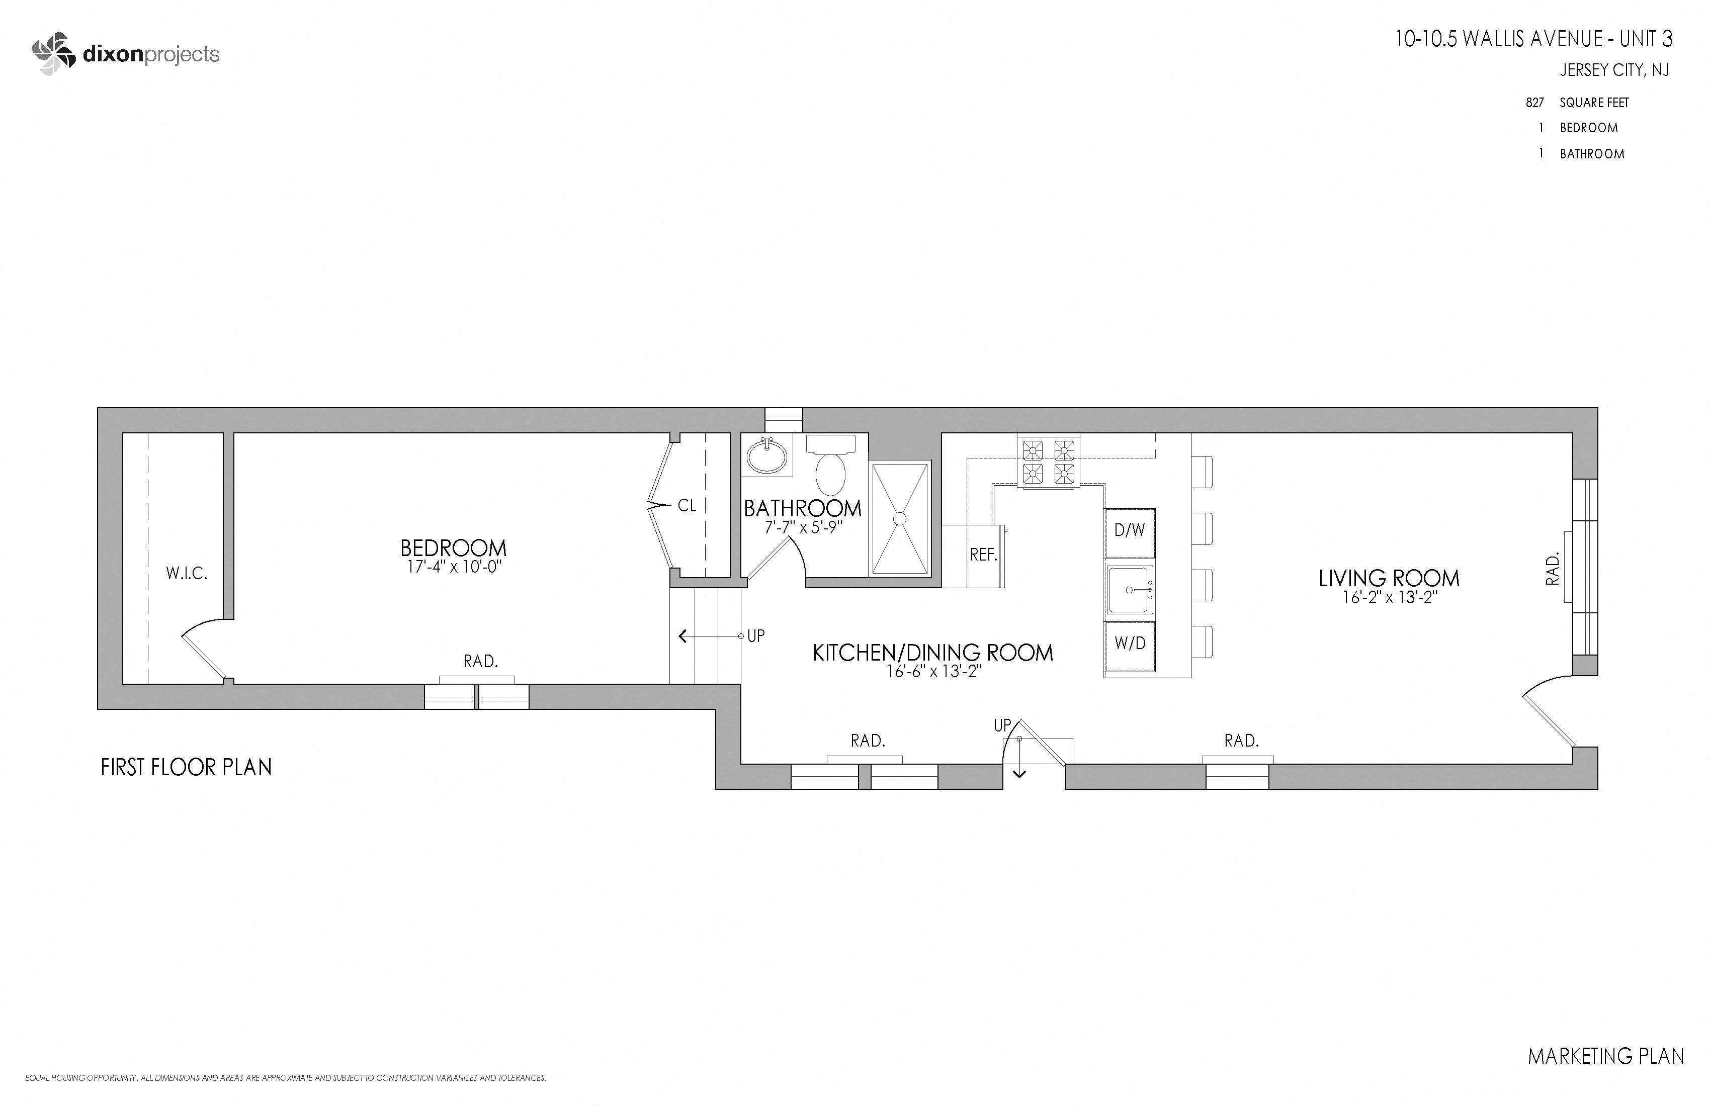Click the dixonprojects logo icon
54,54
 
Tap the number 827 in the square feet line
1534,103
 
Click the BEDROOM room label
453,548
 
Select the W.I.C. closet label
187,573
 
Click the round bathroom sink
766,456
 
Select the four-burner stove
1048,462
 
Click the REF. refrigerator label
984,555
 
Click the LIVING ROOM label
1389,578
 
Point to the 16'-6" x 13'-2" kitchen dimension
933,672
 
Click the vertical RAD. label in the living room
1553,569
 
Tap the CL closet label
687,506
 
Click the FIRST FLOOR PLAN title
186,768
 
